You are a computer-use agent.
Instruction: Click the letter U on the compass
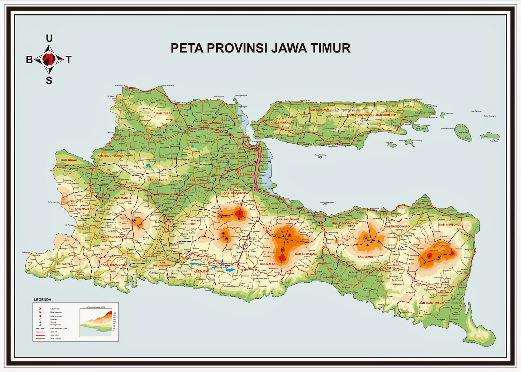click(49, 39)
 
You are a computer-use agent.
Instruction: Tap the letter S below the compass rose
click(49, 81)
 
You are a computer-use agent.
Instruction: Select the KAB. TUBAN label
click(164, 113)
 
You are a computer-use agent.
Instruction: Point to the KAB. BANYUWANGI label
click(431, 303)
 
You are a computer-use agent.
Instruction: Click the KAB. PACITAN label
click(64, 264)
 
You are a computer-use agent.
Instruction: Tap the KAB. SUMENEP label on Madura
click(386, 115)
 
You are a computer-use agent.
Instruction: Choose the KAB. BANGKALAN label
click(282, 123)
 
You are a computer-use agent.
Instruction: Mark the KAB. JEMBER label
click(366, 257)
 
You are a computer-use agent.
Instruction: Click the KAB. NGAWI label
click(69, 160)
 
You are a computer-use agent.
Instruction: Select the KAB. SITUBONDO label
click(450, 225)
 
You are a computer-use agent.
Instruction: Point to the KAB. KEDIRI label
click(189, 224)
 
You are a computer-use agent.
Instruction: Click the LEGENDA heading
click(43, 300)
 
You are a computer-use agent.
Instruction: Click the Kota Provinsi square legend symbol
click(40, 308)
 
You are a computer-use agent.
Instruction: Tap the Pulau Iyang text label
click(449, 113)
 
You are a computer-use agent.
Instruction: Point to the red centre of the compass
click(49, 59)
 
